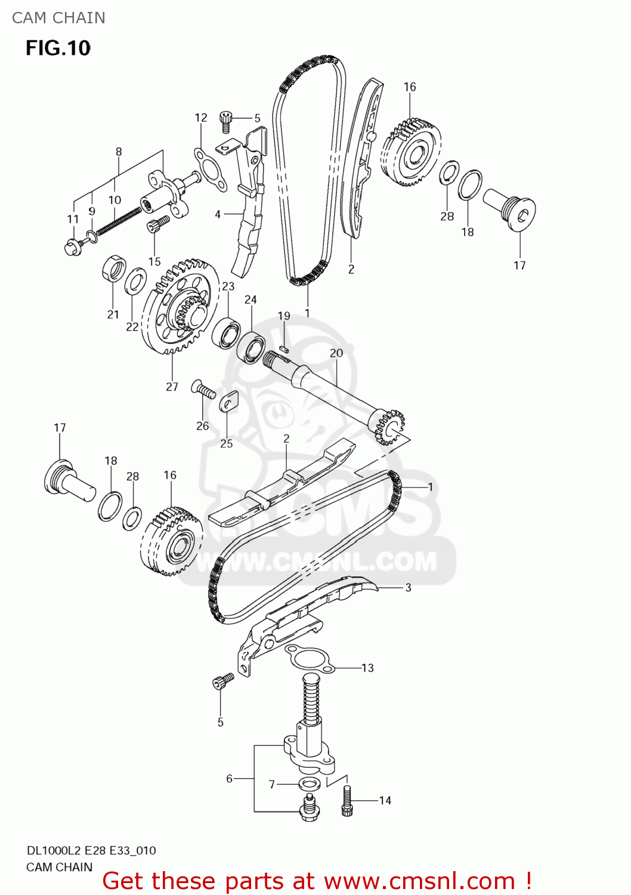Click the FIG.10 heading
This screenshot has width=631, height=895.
click(58, 48)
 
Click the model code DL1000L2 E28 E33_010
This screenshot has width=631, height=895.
click(91, 850)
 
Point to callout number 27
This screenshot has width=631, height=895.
click(172, 387)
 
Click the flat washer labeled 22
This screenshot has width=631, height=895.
click(135, 282)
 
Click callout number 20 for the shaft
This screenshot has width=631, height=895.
click(336, 353)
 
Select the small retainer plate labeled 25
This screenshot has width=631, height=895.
click(228, 402)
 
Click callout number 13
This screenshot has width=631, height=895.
click(367, 668)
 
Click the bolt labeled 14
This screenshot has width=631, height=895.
click(347, 801)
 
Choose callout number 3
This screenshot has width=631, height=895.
click(408, 588)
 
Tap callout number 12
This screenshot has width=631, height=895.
click(201, 118)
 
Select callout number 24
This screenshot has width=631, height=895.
click(250, 300)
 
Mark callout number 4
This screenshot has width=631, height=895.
click(218, 214)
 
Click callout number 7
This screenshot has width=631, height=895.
click(271, 784)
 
